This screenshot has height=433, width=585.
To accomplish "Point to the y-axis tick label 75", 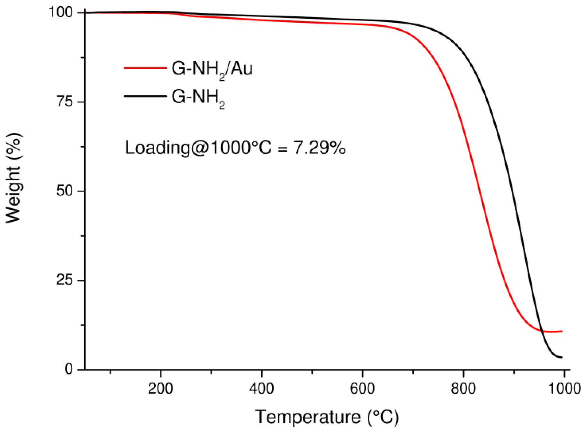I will pyautogui.click(x=64, y=102).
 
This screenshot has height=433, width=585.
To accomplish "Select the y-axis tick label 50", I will pyautogui.click(x=64, y=191).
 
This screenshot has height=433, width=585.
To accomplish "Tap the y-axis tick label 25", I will pyautogui.click(x=64, y=280).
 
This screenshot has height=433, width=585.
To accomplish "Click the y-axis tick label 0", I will pyautogui.click(x=69, y=369).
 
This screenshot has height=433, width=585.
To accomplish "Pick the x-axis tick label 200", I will pyautogui.click(x=160, y=389).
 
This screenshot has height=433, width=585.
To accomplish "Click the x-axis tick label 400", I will pyautogui.click(x=261, y=389).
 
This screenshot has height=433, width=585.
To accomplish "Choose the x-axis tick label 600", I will pyautogui.click(x=362, y=389).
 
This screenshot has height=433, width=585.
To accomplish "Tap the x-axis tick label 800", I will pyautogui.click(x=463, y=389).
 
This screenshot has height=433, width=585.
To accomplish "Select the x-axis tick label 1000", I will pyautogui.click(x=564, y=389).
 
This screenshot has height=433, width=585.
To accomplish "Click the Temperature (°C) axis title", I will pyautogui.click(x=327, y=417).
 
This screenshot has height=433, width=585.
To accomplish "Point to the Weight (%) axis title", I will pyautogui.click(x=13, y=178).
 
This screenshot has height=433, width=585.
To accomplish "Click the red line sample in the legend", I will pyautogui.click(x=145, y=68).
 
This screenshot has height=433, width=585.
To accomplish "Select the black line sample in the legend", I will pyautogui.click(x=145, y=96).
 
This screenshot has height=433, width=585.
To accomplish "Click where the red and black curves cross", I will pyautogui.click(x=542, y=331).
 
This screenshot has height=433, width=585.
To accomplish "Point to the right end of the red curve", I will pyautogui.click(x=562, y=331).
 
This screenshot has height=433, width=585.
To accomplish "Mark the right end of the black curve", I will pyautogui.click(x=562, y=357).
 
